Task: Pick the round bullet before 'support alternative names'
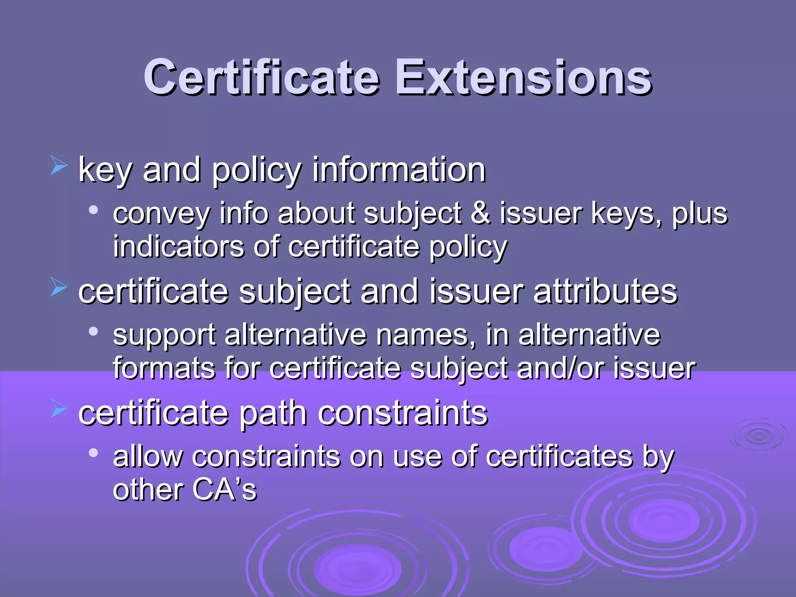tap(93, 332)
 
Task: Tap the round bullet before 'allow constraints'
tap(93, 453)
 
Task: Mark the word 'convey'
tap(161, 215)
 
